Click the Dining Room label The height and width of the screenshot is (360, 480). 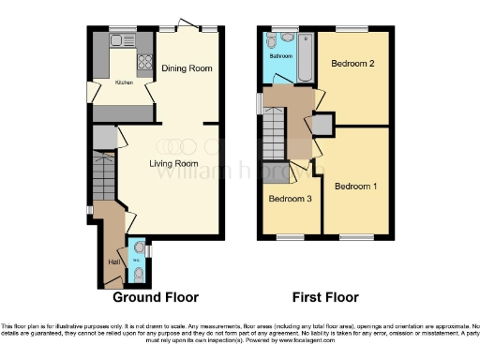click(187, 68)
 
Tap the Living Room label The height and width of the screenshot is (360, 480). click(173, 162)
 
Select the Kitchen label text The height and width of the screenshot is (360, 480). click(125, 82)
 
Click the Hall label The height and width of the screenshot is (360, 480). click(112, 262)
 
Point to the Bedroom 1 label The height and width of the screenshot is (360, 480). click(355, 186)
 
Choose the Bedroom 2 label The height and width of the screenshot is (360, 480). click(352, 63)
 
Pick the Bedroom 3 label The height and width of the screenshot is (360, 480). click(289, 199)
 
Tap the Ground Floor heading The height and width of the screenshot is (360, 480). click(156, 297)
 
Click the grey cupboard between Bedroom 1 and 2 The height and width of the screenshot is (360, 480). click(322, 124)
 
